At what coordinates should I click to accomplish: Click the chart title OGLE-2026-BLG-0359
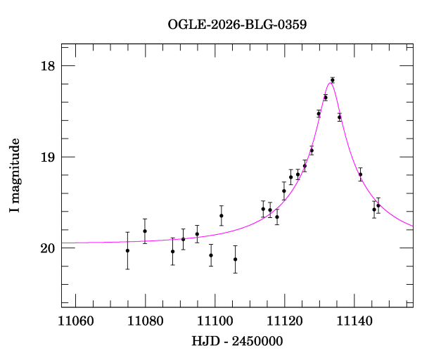[237, 25]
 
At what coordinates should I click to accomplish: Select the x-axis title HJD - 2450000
[237, 341]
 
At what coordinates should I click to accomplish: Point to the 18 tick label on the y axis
[47, 66]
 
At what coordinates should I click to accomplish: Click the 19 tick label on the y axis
[47, 157]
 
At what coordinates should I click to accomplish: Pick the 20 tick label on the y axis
[47, 248]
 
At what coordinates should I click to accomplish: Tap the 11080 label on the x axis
[145, 321]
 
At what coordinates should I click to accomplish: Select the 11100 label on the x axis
[215, 321]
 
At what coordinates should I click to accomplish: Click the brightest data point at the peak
[333, 80]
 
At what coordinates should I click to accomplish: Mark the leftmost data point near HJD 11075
[127, 250]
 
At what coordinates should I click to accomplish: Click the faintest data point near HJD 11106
[236, 259]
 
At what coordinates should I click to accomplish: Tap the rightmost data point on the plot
[378, 205]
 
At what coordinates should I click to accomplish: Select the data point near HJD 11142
[361, 174]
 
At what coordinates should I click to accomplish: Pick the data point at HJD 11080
[145, 231]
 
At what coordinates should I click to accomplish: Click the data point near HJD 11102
[222, 215]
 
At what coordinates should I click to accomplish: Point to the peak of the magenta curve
[331, 82]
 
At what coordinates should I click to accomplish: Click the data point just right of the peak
[340, 117]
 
